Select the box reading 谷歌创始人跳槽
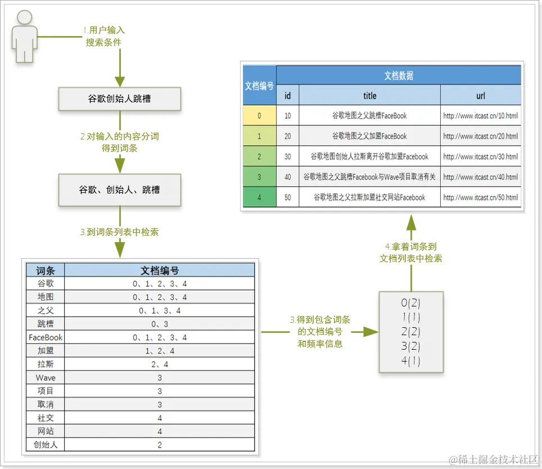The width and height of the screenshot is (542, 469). (x=120, y=99)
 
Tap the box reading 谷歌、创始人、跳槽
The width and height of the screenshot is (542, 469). (x=120, y=190)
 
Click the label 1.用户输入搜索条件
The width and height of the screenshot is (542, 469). (x=104, y=35)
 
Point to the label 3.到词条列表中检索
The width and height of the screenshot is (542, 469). (x=120, y=231)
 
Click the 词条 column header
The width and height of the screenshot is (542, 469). (x=46, y=270)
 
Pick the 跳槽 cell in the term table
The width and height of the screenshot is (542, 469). (x=46, y=324)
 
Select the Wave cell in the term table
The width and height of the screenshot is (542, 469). (x=46, y=377)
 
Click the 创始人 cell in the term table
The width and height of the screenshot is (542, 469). (x=46, y=445)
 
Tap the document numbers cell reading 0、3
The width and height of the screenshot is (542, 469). (x=160, y=324)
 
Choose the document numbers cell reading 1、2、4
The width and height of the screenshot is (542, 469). (x=160, y=351)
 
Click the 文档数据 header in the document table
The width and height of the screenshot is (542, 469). (x=399, y=76)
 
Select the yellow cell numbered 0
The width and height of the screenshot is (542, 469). (x=259, y=116)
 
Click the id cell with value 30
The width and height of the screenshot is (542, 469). (x=288, y=157)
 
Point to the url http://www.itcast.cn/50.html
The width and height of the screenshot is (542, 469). (x=480, y=197)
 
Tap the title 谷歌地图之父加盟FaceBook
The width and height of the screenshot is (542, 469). (x=369, y=136)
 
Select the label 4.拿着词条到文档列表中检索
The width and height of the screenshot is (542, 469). (x=411, y=252)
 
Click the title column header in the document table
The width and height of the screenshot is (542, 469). (x=369, y=96)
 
